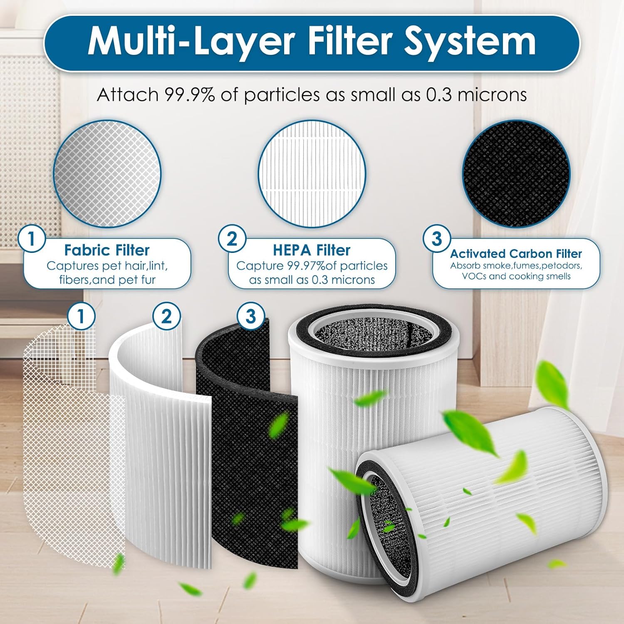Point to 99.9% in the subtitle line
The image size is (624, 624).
pos(190,95)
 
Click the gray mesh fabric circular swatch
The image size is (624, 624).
pos(107,174)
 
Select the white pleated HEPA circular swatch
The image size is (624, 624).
pos(312,174)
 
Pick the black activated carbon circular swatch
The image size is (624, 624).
pos(516,174)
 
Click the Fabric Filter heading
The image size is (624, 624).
pos(107,250)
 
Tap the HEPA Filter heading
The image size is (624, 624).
pos(312,250)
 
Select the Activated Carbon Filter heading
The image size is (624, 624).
pos(516,254)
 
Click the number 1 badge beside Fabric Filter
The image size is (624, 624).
pos(31,239)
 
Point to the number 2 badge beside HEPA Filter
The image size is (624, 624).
pos(232,239)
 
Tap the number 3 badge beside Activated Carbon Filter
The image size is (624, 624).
pos(437,239)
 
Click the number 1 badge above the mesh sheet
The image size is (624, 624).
pos(81,316)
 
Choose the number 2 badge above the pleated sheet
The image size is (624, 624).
pos(166,316)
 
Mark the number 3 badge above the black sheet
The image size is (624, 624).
pos(250,316)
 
